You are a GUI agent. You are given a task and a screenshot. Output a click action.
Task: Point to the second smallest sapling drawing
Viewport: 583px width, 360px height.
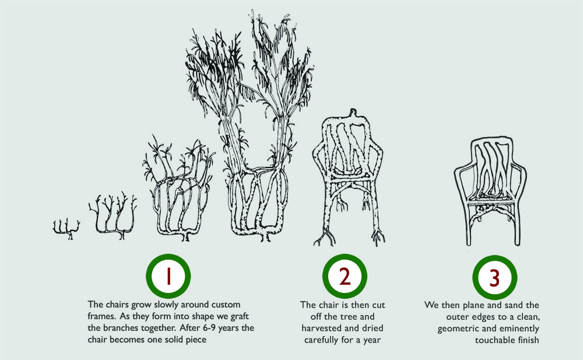[x=113, y=216]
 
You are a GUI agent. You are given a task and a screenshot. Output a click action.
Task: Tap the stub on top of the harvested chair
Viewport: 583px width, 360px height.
[x=353, y=113]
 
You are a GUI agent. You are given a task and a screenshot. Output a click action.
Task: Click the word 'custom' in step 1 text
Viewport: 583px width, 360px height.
[x=226, y=305]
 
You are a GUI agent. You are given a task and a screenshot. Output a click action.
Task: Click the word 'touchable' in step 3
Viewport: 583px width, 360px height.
[x=493, y=340]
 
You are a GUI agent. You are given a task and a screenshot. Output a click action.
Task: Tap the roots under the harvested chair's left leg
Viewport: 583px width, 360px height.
[x=324, y=237]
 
